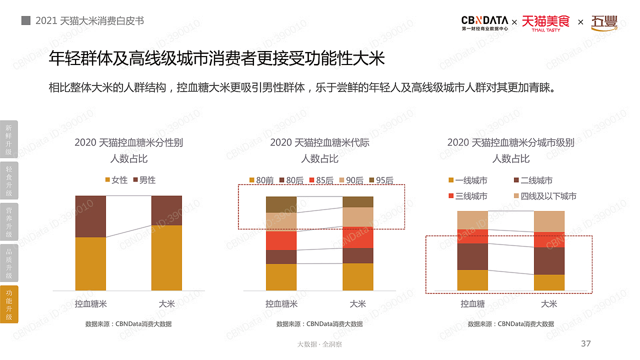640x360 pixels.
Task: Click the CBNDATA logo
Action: tap(484, 23)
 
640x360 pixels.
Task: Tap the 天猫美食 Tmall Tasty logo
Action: tap(545, 23)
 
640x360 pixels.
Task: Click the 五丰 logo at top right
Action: tap(604, 23)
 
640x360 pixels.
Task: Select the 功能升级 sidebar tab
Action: tap(9, 304)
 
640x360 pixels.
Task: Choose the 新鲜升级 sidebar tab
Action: tap(9, 139)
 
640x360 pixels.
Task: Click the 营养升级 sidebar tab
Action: tap(9, 221)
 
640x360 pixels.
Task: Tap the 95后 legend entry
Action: tap(381, 180)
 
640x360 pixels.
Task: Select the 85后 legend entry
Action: tap(321, 180)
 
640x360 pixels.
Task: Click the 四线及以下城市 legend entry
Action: tap(544, 196)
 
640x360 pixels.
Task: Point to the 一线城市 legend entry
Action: tap(467, 180)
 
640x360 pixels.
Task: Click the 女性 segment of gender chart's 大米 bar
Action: tap(166, 257)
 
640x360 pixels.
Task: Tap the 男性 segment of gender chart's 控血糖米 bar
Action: tap(90, 216)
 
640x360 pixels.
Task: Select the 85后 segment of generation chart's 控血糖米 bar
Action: tap(281, 240)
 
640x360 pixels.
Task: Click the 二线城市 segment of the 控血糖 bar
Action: tap(472, 256)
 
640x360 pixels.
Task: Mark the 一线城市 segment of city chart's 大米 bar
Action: tap(549, 282)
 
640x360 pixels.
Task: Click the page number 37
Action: tap(585, 343)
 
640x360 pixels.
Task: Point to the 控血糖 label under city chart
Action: tap(472, 303)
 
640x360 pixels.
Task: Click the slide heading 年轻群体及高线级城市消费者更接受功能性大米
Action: tap(216, 59)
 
